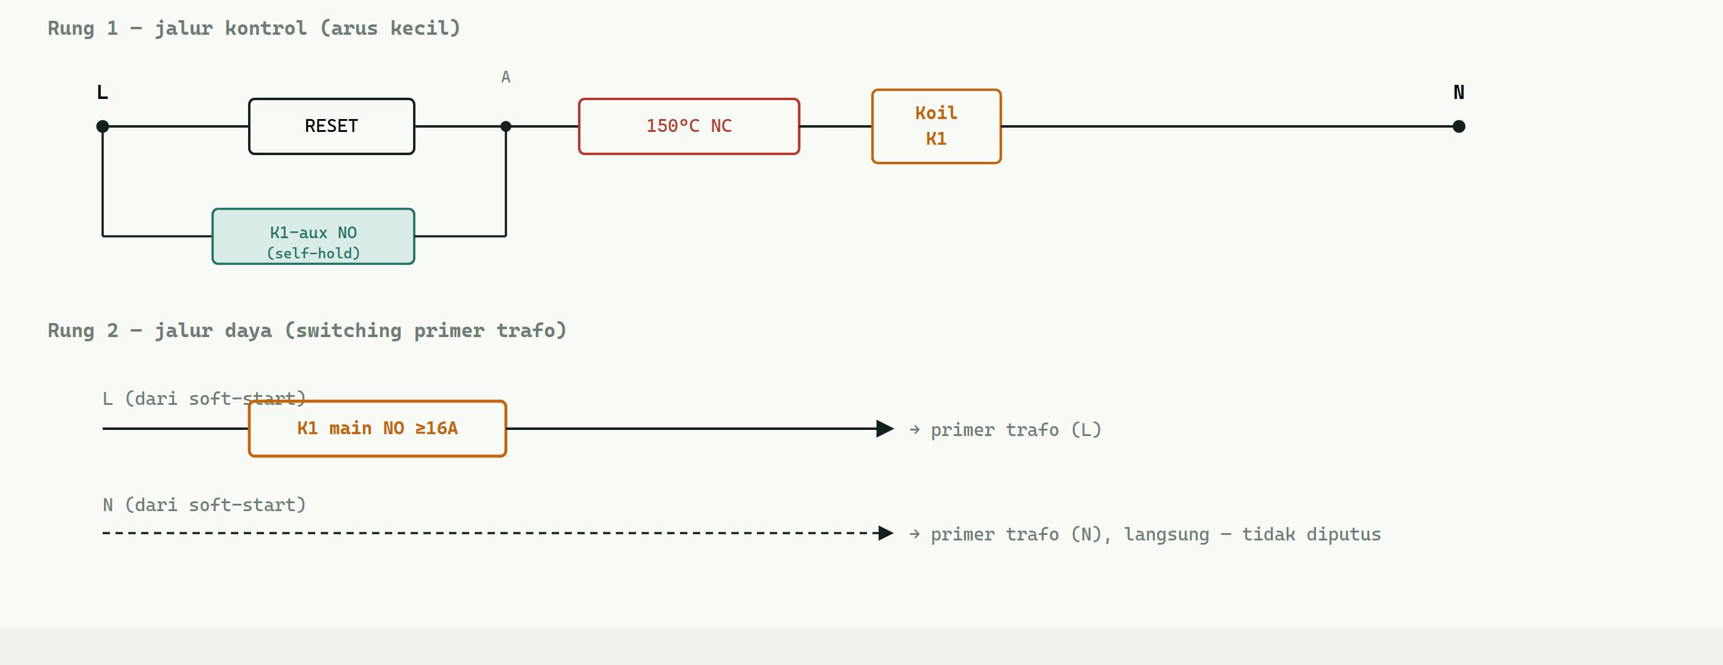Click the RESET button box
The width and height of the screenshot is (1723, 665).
(x=332, y=126)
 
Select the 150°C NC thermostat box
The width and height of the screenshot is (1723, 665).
(x=689, y=126)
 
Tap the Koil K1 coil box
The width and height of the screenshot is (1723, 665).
(x=937, y=126)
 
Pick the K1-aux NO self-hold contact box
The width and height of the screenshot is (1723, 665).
(x=313, y=236)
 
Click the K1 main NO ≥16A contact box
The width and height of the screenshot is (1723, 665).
(x=377, y=429)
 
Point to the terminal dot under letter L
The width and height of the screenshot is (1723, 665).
(x=102, y=126)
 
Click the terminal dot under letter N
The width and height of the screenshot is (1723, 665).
(x=1459, y=126)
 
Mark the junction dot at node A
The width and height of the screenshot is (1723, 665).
(x=506, y=126)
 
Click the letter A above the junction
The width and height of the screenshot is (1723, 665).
(x=506, y=77)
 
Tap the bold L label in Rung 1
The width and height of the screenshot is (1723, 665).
(x=102, y=92)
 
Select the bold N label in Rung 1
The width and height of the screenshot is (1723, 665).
(x=1459, y=92)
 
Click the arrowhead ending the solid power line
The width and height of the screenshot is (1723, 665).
(x=885, y=429)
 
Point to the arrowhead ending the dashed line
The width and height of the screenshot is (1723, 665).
(x=885, y=533)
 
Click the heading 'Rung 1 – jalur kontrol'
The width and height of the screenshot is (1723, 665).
(x=254, y=28)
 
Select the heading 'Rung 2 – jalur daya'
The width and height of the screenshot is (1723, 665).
(x=307, y=331)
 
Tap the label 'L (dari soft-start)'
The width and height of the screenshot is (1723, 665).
(x=204, y=399)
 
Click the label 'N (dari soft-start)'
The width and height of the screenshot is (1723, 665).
(x=204, y=505)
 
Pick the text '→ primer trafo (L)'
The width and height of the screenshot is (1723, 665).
(x=1005, y=431)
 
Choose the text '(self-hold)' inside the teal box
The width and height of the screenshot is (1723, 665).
(x=313, y=254)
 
